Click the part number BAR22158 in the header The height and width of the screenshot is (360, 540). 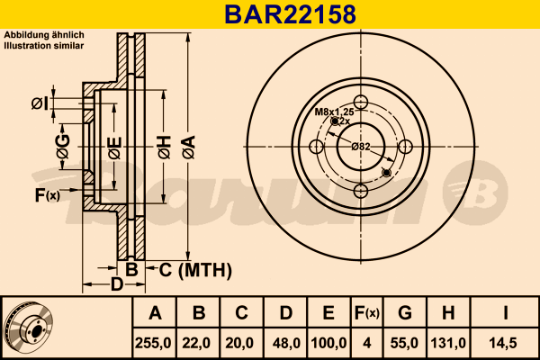point(290,14)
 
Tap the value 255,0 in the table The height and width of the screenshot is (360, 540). point(153,343)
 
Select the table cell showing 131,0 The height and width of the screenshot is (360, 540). point(448,343)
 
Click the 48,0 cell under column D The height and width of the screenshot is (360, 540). point(286,343)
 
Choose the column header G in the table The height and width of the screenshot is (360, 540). point(405,313)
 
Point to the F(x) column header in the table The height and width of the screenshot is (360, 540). point(367,313)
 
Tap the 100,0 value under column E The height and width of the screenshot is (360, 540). point(328,343)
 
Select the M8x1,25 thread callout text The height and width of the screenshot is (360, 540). point(335,112)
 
